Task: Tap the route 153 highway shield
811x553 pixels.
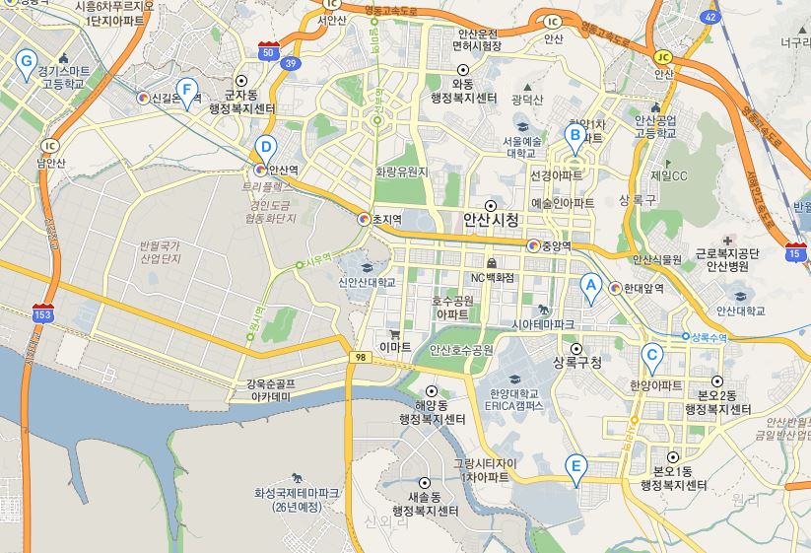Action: [x=41, y=314]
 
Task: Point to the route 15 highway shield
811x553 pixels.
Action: [x=794, y=253]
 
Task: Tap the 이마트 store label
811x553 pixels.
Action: [x=395, y=346]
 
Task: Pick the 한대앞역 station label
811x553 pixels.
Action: [x=642, y=289]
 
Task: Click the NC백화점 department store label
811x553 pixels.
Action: [x=492, y=277]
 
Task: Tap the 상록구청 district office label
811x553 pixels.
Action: [x=577, y=362]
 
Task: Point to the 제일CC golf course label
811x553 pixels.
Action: [x=667, y=175]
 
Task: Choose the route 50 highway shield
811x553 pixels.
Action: [x=268, y=50]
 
